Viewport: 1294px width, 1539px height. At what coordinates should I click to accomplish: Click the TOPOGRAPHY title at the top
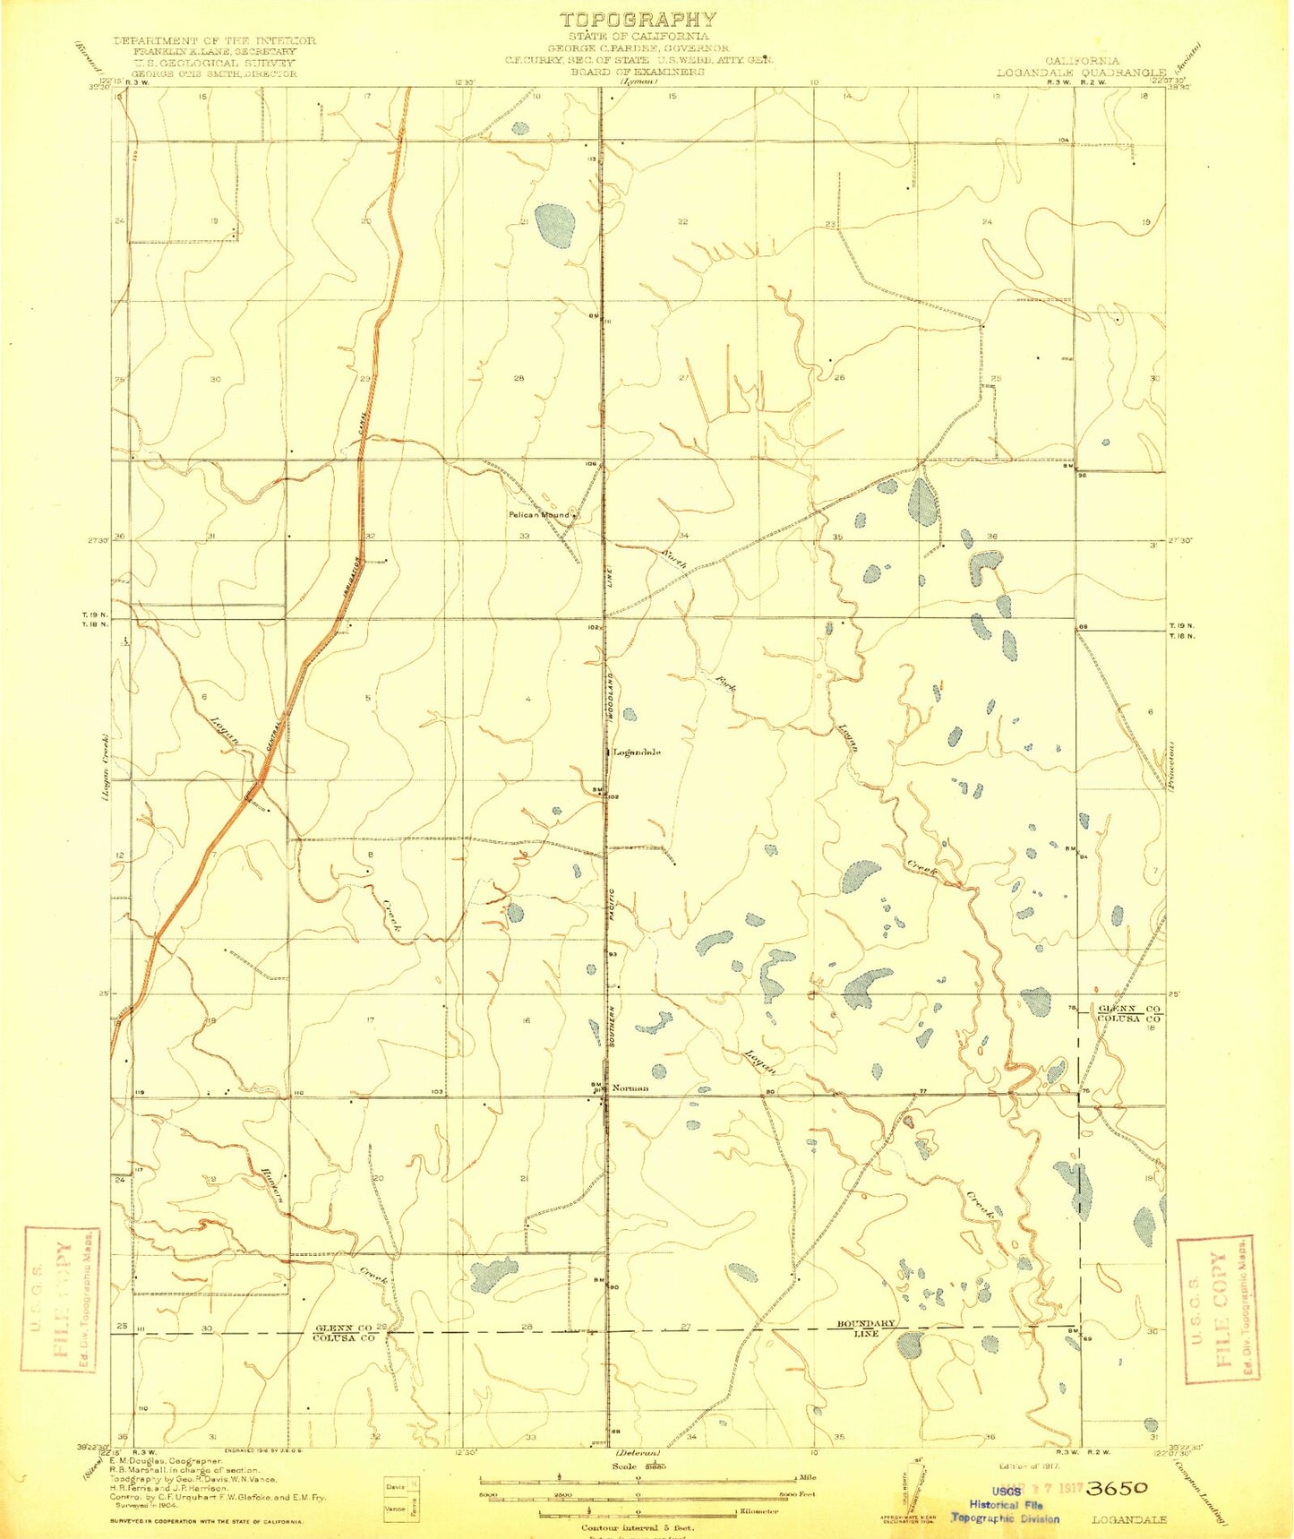tap(638, 19)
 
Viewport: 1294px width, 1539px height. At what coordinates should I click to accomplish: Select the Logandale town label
tap(637, 752)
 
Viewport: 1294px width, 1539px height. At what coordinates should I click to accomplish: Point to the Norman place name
tap(630, 1088)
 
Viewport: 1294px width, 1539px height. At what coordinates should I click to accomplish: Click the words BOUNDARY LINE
tap(865, 1328)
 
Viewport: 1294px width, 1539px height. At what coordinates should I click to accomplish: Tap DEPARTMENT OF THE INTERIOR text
tap(214, 41)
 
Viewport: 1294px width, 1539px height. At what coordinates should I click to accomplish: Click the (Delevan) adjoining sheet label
tap(637, 1452)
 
